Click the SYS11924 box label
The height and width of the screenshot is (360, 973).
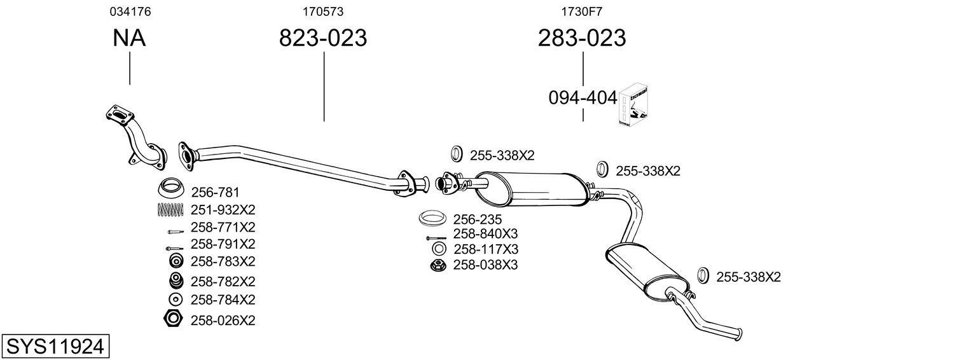pos(54,347)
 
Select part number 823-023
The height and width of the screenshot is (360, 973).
pos(323,39)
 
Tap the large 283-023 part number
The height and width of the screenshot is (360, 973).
pos(582,39)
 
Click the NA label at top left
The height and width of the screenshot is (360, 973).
pos(129,39)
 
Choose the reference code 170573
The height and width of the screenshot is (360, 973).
pos(323,11)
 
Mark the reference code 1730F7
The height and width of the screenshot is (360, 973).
pos(581,11)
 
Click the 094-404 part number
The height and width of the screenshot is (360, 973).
pos(583,98)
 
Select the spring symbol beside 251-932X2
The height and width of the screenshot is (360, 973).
pos(170,209)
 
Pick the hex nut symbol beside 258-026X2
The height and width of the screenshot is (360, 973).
pos(172,319)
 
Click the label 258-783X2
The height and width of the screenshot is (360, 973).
pos(223,261)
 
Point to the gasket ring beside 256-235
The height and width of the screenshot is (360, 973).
pos(432,219)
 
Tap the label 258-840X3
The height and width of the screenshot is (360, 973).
pos(485,234)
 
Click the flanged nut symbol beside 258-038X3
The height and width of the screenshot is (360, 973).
pos(437,265)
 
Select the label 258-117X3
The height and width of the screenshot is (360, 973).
pos(485,249)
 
